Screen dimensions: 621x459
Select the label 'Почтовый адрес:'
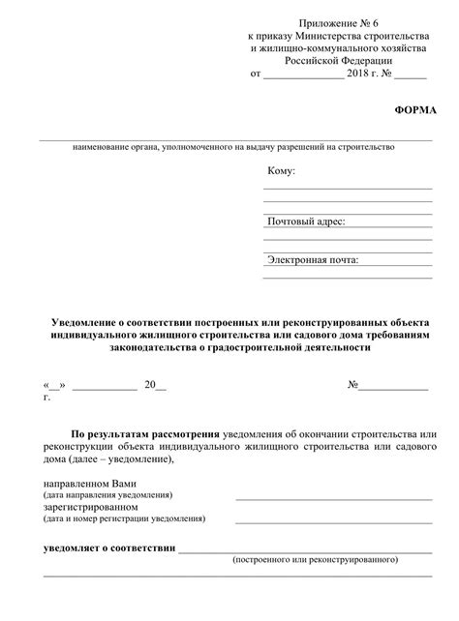(x=306, y=222)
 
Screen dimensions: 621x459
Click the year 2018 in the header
(x=360, y=73)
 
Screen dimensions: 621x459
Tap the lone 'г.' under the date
(x=46, y=398)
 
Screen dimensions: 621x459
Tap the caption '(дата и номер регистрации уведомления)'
(x=124, y=518)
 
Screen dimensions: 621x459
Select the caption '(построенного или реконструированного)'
(x=316, y=560)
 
